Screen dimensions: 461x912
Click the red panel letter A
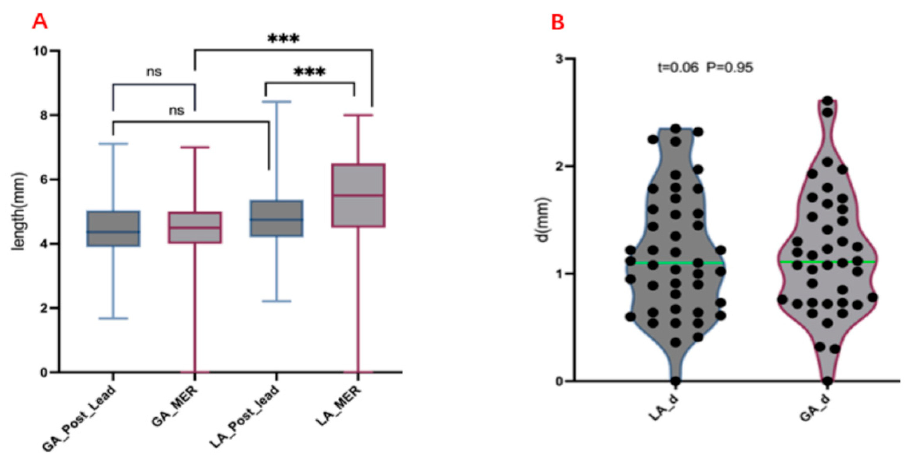pyautogui.click(x=40, y=22)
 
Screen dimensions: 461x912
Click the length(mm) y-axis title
pyautogui.click(x=19, y=211)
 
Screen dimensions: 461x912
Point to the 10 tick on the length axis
pyautogui.click(x=41, y=51)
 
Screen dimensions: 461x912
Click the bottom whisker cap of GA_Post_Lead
pyautogui.click(x=113, y=318)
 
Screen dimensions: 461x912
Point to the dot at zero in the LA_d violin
pyautogui.click(x=675, y=381)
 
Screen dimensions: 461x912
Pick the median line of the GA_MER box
pyautogui.click(x=195, y=228)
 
